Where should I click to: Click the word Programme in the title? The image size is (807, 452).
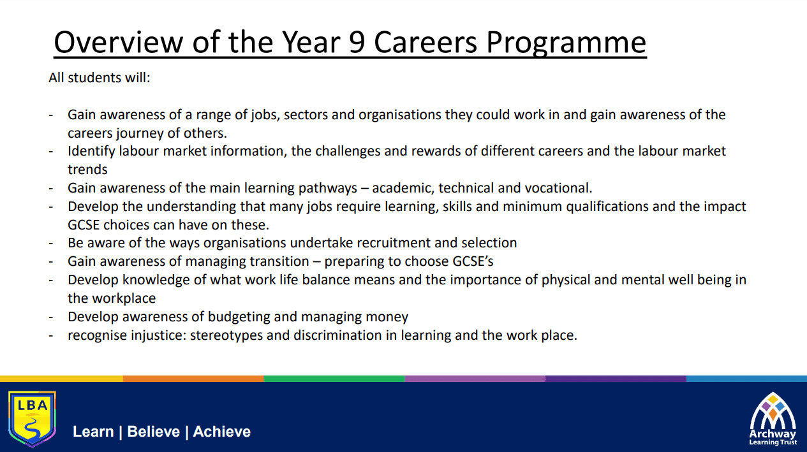(x=566, y=43)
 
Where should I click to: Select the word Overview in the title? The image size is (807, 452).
(x=119, y=42)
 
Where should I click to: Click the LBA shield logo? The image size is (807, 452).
(x=32, y=418)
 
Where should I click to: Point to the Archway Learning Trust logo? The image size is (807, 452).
(x=773, y=419)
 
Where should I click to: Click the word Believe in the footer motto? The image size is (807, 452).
(x=154, y=432)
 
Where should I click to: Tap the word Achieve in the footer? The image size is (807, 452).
(x=221, y=432)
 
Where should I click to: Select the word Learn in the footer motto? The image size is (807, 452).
(x=93, y=432)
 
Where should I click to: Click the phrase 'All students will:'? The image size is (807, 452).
(x=100, y=77)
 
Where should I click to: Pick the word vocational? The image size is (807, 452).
(x=558, y=188)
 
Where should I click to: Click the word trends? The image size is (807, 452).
(x=87, y=170)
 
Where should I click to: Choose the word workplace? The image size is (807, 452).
(x=124, y=298)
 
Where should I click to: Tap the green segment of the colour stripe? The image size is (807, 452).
(x=334, y=379)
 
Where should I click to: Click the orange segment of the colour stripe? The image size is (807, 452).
(x=193, y=379)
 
